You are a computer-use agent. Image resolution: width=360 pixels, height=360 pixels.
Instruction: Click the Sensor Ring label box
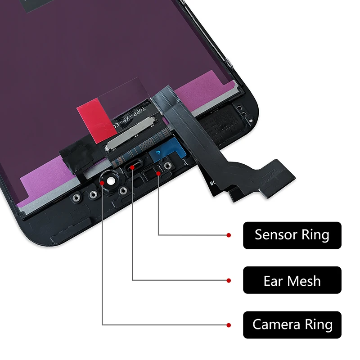[292, 235]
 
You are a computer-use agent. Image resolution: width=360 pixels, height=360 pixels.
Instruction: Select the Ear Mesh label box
[292, 281]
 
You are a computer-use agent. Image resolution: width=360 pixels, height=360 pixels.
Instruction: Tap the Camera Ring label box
[292, 324]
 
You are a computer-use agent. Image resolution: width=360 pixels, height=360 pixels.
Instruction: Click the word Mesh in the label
[305, 281]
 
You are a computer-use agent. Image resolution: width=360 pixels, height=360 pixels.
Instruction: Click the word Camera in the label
[275, 324]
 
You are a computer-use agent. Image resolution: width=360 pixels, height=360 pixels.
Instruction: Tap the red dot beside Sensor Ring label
[229, 235]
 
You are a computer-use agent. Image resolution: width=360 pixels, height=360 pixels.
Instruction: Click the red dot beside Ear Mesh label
[229, 281]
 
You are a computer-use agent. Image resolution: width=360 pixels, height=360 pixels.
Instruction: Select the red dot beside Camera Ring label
[229, 324]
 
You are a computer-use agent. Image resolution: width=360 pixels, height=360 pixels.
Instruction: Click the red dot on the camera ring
[103, 183]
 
